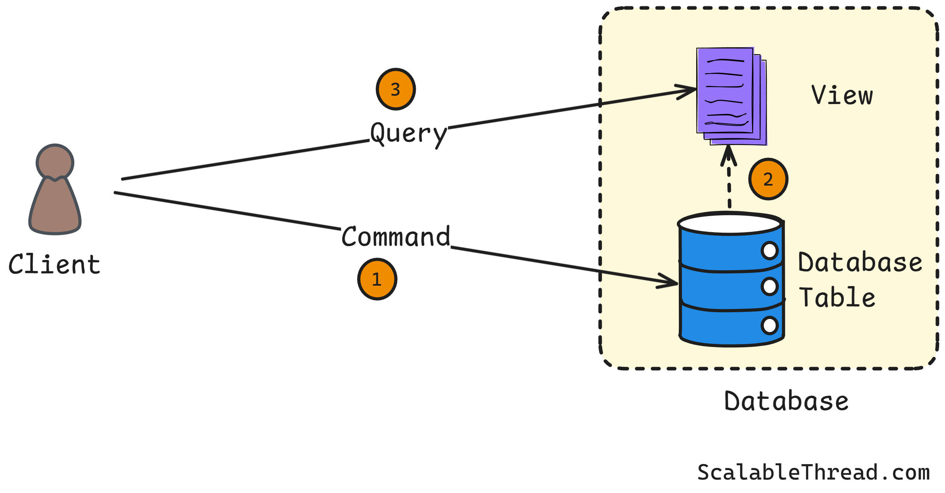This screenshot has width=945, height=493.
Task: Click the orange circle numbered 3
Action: (x=396, y=89)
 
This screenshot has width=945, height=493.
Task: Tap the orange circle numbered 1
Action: (x=377, y=279)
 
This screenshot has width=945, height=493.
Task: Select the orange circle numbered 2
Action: (x=768, y=179)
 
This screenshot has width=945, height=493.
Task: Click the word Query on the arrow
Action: (x=408, y=134)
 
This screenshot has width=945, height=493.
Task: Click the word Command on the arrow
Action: (x=396, y=237)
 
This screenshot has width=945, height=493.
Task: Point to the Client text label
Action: (x=54, y=264)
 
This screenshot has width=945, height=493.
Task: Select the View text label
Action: (x=842, y=96)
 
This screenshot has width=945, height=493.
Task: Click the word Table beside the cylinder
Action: (x=837, y=298)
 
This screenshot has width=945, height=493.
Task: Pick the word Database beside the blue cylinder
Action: (x=860, y=262)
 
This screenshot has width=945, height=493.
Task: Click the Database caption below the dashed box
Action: (x=786, y=401)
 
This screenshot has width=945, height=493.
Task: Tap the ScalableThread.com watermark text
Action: (x=813, y=472)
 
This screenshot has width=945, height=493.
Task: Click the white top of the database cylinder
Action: (x=730, y=224)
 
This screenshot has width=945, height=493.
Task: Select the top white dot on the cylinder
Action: (x=769, y=250)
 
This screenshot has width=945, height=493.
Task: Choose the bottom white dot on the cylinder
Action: (x=769, y=326)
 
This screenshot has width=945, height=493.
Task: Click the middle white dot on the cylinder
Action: (x=769, y=286)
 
